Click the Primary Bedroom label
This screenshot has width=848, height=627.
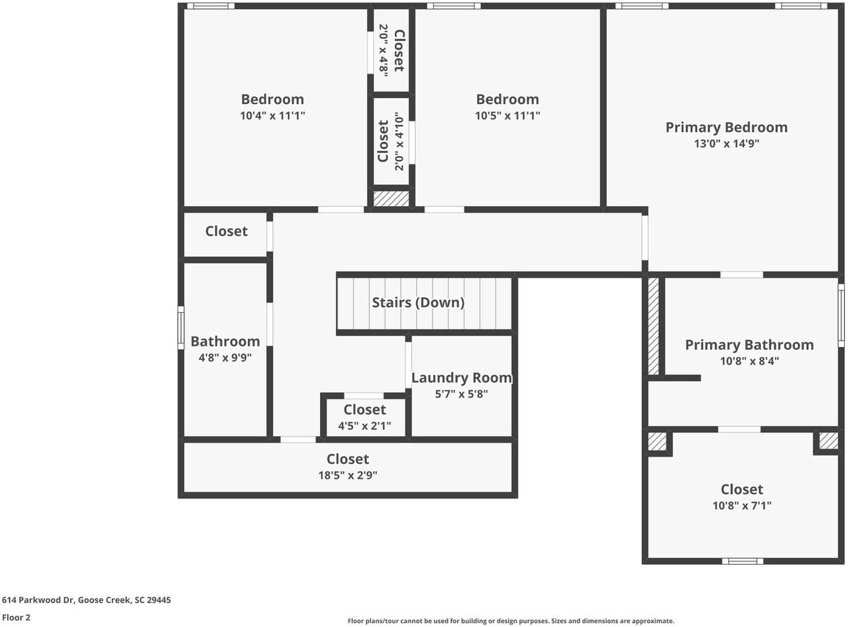[x=726, y=127]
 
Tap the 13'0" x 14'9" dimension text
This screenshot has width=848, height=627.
[x=726, y=144]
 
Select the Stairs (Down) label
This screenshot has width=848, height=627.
[x=418, y=303]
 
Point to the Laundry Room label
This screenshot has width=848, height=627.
[x=461, y=378]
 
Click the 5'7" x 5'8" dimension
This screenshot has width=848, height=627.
[x=461, y=394]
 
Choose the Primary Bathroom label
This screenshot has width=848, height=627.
[x=749, y=345]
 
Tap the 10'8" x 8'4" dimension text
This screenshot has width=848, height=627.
[x=749, y=361]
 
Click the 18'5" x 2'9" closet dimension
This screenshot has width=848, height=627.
[x=348, y=475]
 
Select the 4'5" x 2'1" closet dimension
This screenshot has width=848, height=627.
[x=364, y=426]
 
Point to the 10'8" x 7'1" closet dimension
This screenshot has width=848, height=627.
[x=741, y=506]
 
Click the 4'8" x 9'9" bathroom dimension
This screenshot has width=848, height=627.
[x=225, y=358]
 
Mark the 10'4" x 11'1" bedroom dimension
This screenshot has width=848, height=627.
[x=272, y=115]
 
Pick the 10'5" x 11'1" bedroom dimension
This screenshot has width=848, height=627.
[x=507, y=115]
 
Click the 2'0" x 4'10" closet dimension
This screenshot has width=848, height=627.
[x=399, y=141]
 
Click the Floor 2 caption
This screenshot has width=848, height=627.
[x=16, y=618]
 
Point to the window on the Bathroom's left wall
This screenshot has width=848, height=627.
[x=181, y=327]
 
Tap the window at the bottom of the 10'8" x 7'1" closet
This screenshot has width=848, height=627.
[x=742, y=561]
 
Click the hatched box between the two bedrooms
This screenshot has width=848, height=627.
[x=391, y=198]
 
